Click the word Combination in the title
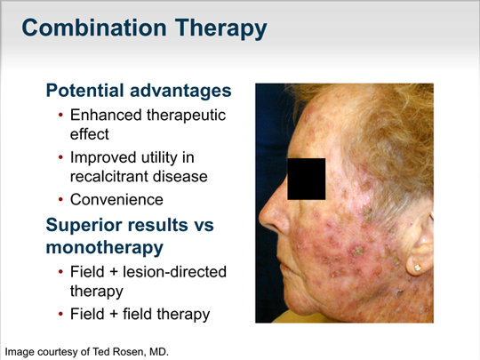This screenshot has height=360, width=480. click(94, 28)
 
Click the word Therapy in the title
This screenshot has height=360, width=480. click(221, 29)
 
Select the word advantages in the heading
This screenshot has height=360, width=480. click(180, 91)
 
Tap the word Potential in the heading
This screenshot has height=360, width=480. click(84, 91)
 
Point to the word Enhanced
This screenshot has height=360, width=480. click(106, 115)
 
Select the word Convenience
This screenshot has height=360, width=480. click(116, 200)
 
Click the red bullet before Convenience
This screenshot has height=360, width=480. click(60, 200)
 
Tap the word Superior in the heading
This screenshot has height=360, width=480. click(84, 226)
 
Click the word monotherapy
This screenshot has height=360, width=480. click(105, 247)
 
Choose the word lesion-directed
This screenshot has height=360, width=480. click(174, 271)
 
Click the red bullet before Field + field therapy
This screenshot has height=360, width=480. click(60, 314)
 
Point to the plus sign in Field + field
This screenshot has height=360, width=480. click(113, 315)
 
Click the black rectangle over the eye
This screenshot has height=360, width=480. click(306, 179)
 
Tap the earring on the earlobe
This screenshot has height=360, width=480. click(417, 268)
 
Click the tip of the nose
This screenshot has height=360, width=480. click(260, 217)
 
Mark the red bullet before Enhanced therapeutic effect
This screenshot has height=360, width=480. click(60, 116)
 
